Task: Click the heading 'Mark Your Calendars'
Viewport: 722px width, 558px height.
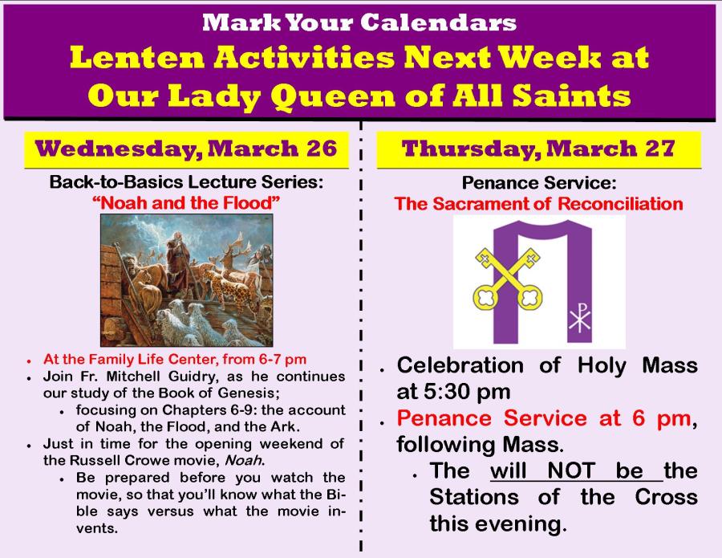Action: [359, 22]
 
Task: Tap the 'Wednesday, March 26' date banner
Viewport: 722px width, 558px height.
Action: [186, 149]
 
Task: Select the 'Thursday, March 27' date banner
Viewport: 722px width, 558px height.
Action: [538, 149]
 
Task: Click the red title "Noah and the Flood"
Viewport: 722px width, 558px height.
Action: [186, 203]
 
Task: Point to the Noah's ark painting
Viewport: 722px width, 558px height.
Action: [186, 280]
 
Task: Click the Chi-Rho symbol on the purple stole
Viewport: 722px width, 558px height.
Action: [579, 317]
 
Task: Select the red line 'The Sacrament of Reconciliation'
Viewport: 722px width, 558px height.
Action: [538, 204]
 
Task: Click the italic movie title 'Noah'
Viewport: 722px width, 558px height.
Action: [244, 460]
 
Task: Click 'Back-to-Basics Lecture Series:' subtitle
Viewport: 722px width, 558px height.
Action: [186, 182]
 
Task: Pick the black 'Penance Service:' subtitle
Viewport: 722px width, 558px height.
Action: [539, 183]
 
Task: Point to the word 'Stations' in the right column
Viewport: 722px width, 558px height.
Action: [474, 498]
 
